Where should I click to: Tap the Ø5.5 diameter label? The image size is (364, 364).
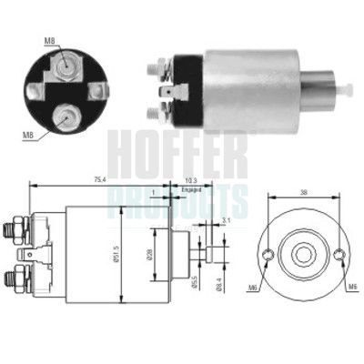(195, 281)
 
